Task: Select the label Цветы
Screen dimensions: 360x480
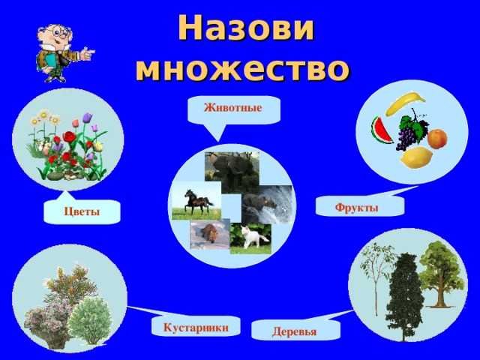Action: click(x=82, y=211)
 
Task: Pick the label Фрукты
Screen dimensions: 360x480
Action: click(x=356, y=207)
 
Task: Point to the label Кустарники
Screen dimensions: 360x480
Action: click(x=196, y=326)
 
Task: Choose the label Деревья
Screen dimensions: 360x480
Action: click(x=295, y=331)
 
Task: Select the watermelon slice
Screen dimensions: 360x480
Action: click(x=382, y=129)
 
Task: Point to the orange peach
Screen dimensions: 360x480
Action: click(x=436, y=138)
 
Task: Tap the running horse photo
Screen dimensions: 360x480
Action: click(x=196, y=200)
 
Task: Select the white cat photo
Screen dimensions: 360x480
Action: click(x=251, y=238)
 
